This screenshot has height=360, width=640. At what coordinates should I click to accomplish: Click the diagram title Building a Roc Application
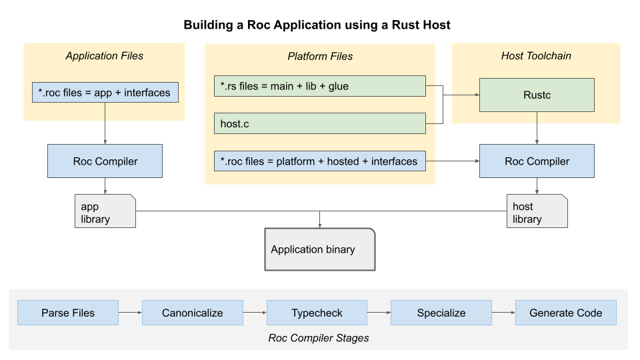pos(317,25)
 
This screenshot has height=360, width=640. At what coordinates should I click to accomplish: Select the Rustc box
pos(537,95)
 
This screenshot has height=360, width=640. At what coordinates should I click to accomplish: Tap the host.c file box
pos(319,123)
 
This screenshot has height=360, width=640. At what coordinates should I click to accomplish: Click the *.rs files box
pos(319,86)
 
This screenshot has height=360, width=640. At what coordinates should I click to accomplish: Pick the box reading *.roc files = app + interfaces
pos(105,92)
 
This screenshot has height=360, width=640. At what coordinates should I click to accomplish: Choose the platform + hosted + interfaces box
pos(319,161)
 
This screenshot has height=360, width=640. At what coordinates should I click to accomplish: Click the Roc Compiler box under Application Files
pos(105,161)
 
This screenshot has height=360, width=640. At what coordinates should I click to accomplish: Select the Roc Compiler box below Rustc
pos(537,161)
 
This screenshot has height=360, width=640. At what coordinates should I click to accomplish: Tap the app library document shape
pos(105,211)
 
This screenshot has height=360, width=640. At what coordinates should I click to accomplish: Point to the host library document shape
pos(537,211)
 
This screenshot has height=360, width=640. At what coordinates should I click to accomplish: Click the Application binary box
pos(320,249)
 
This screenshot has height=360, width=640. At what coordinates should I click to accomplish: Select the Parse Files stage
pos(68,313)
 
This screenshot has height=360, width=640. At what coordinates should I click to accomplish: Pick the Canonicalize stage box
pos(193,313)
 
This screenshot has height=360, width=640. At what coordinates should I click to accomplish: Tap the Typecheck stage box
pos(317,313)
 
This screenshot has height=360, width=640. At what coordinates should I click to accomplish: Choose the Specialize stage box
pos(441,313)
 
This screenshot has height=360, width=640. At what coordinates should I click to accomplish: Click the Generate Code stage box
pos(566,313)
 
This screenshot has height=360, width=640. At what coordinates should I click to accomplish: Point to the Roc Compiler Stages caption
pos(319,338)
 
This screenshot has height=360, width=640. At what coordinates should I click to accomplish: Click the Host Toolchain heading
pos(536,56)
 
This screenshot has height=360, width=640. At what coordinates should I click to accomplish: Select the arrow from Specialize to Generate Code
pos(504,313)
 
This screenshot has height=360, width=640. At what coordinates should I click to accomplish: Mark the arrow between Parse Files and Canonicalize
pos(130,313)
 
